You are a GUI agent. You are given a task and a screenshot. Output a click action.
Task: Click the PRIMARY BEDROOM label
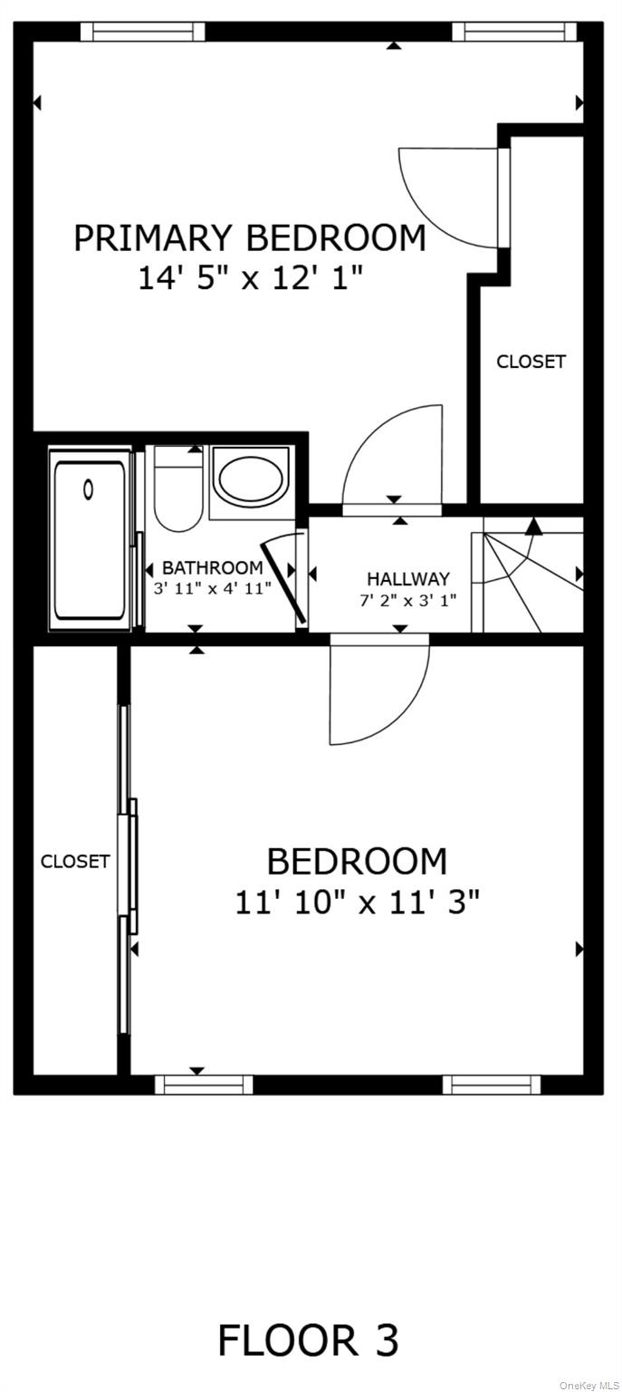(249, 238)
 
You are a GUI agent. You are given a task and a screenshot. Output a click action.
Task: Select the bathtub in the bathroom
(90, 539)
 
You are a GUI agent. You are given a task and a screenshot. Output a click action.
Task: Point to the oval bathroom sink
(251, 480)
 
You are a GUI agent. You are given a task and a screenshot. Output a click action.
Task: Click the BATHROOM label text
(213, 568)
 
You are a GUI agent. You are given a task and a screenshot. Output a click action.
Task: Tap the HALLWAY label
(407, 578)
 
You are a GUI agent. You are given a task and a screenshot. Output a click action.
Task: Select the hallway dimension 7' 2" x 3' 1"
(407, 599)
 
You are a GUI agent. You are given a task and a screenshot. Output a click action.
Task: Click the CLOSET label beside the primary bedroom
(531, 362)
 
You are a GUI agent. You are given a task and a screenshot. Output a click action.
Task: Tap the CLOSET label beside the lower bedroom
(74, 862)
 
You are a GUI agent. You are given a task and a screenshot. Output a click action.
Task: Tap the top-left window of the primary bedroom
(143, 32)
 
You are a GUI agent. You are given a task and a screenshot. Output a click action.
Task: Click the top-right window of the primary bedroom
(514, 32)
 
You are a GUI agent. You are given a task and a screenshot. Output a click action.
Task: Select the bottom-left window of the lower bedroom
(204, 1084)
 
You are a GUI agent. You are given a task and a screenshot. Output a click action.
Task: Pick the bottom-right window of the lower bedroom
(492, 1084)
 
